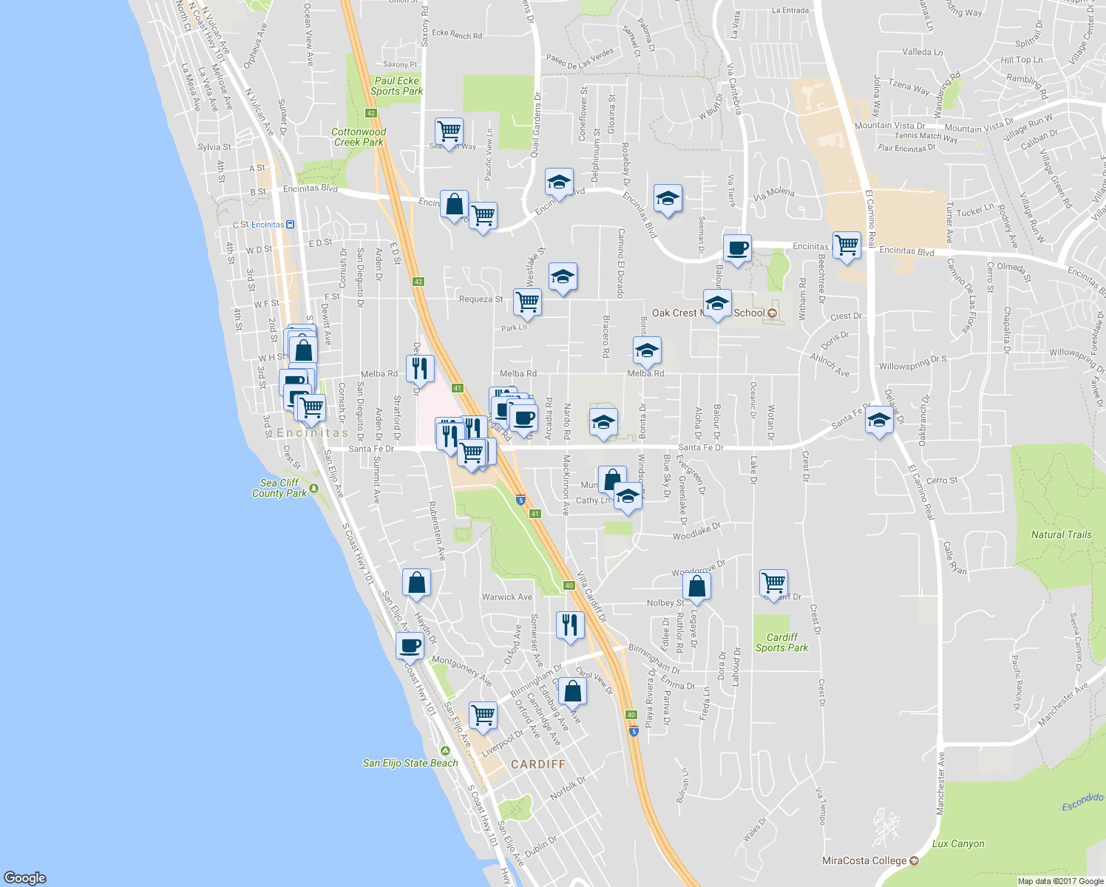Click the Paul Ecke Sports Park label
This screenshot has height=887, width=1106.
397,86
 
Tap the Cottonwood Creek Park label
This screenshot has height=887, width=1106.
359,137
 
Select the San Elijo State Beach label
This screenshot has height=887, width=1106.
410,763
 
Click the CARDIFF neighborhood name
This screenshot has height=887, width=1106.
537,764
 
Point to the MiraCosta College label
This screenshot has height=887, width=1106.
864,860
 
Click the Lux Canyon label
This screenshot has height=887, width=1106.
958,843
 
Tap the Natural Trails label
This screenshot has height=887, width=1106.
1061,534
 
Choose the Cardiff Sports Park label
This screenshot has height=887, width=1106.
781,642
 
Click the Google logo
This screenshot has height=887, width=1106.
24,878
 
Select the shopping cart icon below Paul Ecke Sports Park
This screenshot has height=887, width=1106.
449,132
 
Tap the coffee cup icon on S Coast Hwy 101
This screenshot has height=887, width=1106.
410,645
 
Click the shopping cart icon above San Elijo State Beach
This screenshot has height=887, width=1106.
482,715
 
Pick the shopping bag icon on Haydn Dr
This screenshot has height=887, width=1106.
416,582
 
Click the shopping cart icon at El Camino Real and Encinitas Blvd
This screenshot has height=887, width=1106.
847,245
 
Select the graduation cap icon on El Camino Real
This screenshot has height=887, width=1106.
878,421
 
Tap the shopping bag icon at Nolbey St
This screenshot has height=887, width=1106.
696,587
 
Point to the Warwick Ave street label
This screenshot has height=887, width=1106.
506,597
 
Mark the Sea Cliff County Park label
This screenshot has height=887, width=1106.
279,488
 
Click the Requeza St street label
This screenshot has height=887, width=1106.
481,299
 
